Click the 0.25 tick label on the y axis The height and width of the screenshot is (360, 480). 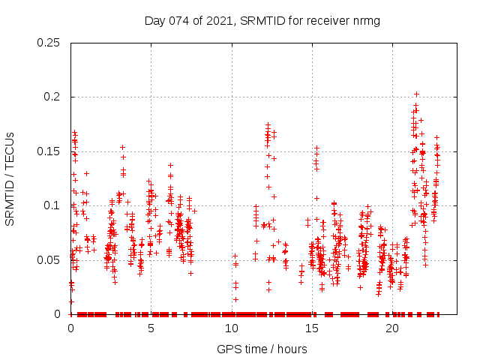coord(49,43)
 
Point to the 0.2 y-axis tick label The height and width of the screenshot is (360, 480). coord(52,97)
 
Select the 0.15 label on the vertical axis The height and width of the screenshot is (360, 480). coord(49,151)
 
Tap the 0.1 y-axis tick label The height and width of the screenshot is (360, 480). coord(52,205)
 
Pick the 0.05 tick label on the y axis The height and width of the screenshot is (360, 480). coord(49,260)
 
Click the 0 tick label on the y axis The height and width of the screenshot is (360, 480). coord(59,314)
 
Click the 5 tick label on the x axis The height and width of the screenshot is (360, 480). coord(151,328)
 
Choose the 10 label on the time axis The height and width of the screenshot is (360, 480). coord(231,328)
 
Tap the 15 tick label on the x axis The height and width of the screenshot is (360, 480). coord(311,328)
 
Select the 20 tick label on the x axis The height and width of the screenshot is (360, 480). coord(392,328)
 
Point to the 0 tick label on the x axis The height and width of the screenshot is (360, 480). coord(70,328)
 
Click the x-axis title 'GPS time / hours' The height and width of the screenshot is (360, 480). coord(262,349)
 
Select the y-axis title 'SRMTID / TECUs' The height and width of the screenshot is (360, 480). coord(10,178)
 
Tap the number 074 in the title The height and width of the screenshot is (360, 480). coord(177,20)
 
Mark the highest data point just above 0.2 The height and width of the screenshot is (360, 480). coord(416,94)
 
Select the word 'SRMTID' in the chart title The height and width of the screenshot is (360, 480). coord(259,20)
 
